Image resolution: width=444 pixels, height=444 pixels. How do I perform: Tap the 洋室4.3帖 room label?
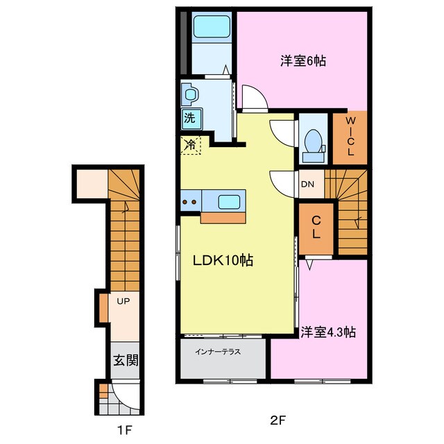click(328, 332)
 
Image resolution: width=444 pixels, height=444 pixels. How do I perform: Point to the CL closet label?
click(316, 228)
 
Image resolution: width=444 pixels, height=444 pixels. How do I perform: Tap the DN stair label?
click(307, 184)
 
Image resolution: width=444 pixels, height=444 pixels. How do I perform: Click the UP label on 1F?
click(123, 301)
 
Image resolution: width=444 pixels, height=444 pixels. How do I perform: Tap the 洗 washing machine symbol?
click(189, 118)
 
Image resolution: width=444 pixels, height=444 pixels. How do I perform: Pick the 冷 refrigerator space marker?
click(189, 145)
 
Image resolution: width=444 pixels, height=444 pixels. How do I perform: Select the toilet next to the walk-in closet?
click(314, 141)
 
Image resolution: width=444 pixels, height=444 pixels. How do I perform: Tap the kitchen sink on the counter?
click(230, 202)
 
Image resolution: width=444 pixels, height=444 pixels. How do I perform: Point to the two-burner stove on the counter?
click(191, 202)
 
